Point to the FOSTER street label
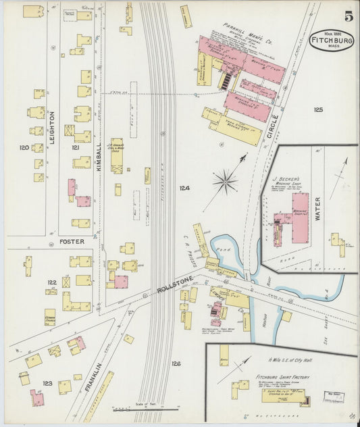click(72, 241)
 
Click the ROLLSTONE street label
click(176, 281)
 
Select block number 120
click(25, 147)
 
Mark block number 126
click(176, 363)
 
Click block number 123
click(47, 384)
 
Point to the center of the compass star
click(225, 181)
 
